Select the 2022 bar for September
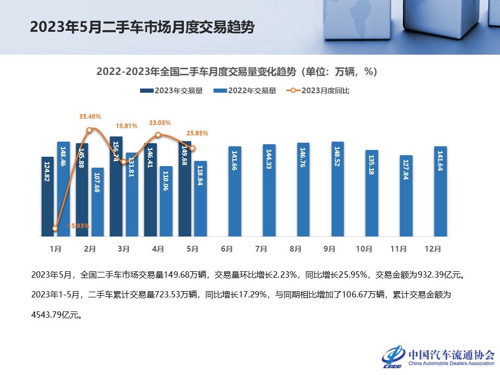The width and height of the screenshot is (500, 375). pos(337,189)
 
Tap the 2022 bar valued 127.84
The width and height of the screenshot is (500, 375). pos(406,196)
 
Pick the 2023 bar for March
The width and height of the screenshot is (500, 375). pos(116,186)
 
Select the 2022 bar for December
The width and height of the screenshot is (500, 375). pos(440,192)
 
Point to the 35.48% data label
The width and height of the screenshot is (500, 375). pos(90,116)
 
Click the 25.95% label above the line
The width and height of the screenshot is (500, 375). pos(197,133)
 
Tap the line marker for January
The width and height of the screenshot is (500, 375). pos(55,228)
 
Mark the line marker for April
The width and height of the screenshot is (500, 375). pos(158,135)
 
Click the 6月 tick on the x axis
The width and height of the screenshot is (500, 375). pos(227,249)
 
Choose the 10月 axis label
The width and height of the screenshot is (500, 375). pos(364,249)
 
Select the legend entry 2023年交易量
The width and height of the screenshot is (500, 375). pos(171,91)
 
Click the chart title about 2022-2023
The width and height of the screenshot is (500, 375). pos(236,71)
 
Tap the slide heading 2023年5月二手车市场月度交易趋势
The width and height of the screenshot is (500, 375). pos(142,27)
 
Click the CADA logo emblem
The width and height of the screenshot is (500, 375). pos(393,357)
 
